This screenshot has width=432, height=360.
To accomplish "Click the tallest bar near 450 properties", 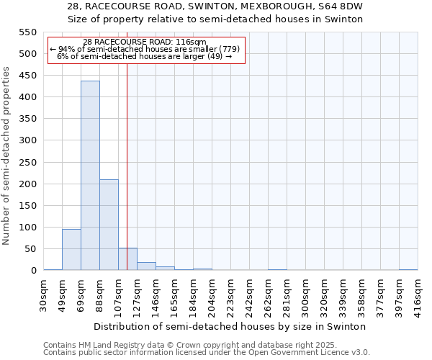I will (x=90, y=176).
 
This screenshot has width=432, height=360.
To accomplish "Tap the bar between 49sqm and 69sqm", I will (x=71, y=249).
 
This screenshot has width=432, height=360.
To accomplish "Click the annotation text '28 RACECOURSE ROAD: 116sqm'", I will (x=145, y=42).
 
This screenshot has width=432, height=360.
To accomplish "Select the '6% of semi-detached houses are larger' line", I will (x=144, y=56).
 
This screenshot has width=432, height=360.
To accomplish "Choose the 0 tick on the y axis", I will (x=32, y=271).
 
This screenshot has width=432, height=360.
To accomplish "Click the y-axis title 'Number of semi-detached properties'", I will (x=6, y=156).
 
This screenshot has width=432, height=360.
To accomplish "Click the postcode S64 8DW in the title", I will (x=339, y=6).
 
